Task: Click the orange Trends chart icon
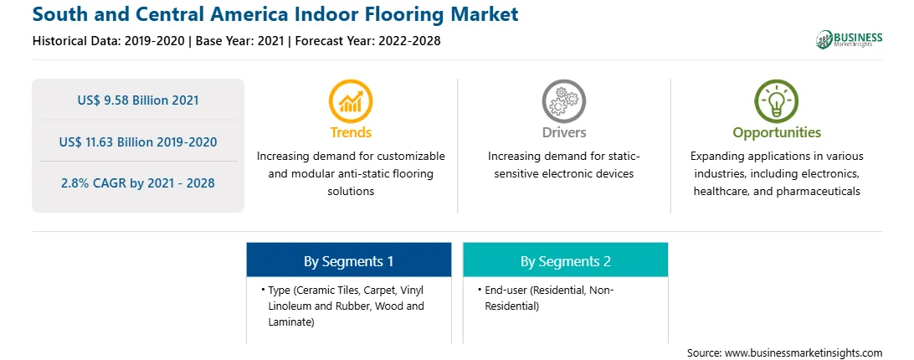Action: [x=351, y=101]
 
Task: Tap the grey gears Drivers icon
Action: [x=563, y=101]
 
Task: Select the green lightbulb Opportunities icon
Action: [x=777, y=101]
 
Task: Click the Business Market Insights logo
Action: [x=850, y=39]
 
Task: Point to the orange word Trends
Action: [x=351, y=132]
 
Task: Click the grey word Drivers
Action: [x=563, y=132]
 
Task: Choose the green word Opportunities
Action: [x=777, y=133]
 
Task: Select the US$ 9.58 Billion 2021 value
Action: [x=138, y=100]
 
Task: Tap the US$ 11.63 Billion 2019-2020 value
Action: [x=138, y=141]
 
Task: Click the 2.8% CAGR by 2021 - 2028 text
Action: [x=138, y=183]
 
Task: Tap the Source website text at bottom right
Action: [x=784, y=353]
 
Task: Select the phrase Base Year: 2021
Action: [x=239, y=41]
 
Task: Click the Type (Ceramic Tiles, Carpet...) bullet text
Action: [x=343, y=306]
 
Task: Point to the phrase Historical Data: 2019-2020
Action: [x=110, y=41]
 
